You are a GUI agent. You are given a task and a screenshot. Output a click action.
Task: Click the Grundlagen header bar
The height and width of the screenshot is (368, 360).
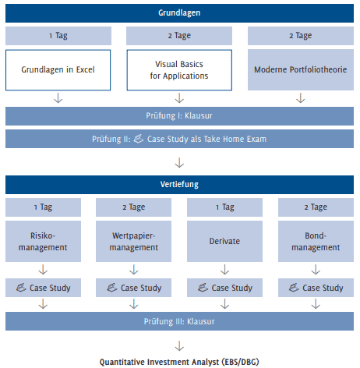(179, 13)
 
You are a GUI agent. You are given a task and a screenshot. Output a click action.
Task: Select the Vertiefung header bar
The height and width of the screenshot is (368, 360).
(179, 186)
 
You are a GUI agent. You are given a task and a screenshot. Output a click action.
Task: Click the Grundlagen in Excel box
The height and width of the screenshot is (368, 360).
(58, 71)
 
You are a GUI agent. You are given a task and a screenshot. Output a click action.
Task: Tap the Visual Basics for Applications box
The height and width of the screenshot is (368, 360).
(179, 71)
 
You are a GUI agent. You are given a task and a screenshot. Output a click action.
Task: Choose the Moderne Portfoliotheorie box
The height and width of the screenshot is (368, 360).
(301, 71)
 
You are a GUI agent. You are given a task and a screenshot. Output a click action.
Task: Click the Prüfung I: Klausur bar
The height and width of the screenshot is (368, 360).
(179, 116)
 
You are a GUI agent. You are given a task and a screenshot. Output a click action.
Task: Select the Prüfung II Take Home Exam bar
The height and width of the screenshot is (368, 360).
(179, 139)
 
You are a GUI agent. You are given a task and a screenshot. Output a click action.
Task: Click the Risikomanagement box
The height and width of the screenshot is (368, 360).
(44, 242)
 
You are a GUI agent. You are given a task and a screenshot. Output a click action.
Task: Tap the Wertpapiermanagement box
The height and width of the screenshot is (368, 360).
(134, 242)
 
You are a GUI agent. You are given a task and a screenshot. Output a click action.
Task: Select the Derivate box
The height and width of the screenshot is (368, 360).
(225, 242)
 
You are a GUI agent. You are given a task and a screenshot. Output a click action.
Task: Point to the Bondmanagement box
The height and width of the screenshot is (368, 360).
(316, 242)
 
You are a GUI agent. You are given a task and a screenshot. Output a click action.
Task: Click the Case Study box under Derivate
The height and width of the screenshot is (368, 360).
(225, 288)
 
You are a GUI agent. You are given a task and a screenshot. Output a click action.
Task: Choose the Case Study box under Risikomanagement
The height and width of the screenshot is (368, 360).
(44, 288)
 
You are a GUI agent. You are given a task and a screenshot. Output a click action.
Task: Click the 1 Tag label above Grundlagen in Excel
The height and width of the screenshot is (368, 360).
(58, 35)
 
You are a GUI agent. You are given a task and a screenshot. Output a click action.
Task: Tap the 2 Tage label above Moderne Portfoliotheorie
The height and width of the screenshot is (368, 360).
(301, 35)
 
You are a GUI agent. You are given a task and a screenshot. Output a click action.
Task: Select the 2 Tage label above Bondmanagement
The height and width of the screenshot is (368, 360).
(316, 207)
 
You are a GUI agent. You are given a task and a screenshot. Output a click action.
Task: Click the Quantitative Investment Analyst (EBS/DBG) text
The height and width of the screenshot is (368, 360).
(179, 361)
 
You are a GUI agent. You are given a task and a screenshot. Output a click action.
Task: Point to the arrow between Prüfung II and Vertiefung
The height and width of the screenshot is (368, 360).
(180, 162)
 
